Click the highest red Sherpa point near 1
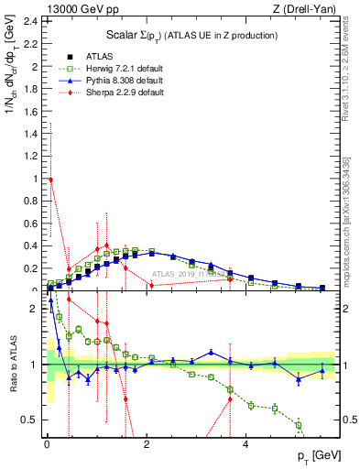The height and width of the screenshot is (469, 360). click(x=51, y=180)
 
